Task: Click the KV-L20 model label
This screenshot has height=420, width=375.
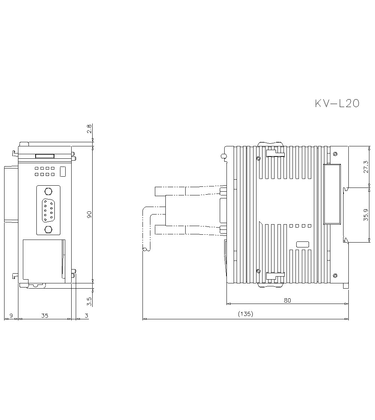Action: coord(337,103)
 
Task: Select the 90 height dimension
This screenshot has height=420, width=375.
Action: coord(89,214)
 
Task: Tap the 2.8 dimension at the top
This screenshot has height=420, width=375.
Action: coord(89,129)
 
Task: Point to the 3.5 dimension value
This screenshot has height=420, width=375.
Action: coord(89,300)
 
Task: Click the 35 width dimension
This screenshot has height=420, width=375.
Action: coord(44,316)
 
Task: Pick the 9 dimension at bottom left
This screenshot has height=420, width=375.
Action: coord(11,316)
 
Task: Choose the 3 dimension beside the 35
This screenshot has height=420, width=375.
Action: coord(86,316)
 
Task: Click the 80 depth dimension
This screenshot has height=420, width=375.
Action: coord(287,300)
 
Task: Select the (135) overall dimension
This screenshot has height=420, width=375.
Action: coord(246,314)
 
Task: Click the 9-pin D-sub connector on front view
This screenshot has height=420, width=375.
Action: coord(48,211)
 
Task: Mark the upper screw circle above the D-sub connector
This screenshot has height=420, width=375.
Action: coord(48,192)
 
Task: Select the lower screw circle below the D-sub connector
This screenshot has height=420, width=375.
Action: coord(48,229)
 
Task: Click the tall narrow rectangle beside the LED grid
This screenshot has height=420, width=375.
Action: coord(63,171)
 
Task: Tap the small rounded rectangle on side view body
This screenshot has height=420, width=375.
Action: coord(302,244)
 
